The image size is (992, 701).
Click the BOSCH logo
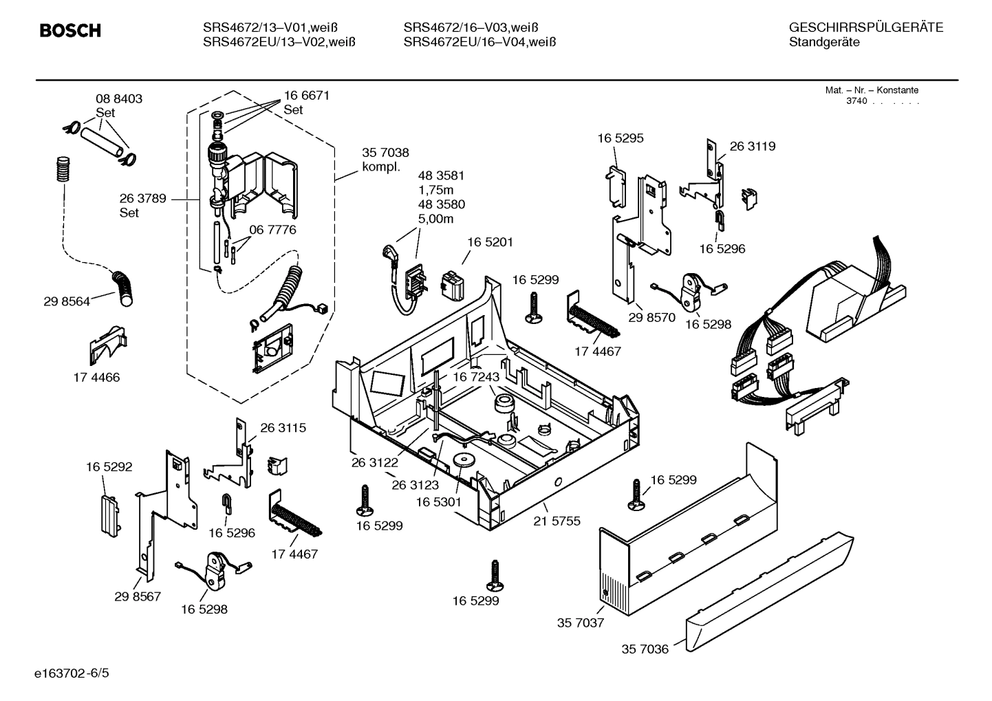70,31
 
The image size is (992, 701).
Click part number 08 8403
118,99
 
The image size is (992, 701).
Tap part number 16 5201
490,242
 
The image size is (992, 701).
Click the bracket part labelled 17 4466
108,344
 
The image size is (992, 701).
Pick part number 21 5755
557,521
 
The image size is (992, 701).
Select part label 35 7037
580,623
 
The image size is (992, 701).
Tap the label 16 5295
620,138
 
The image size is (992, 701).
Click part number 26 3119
752,147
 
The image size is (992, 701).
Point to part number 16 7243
475,377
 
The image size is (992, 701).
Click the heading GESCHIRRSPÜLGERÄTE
865,28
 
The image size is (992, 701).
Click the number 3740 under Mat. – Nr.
856,101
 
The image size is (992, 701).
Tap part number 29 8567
138,596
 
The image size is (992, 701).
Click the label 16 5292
109,467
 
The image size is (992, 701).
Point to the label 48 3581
441,175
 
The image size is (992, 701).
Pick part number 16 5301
438,503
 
